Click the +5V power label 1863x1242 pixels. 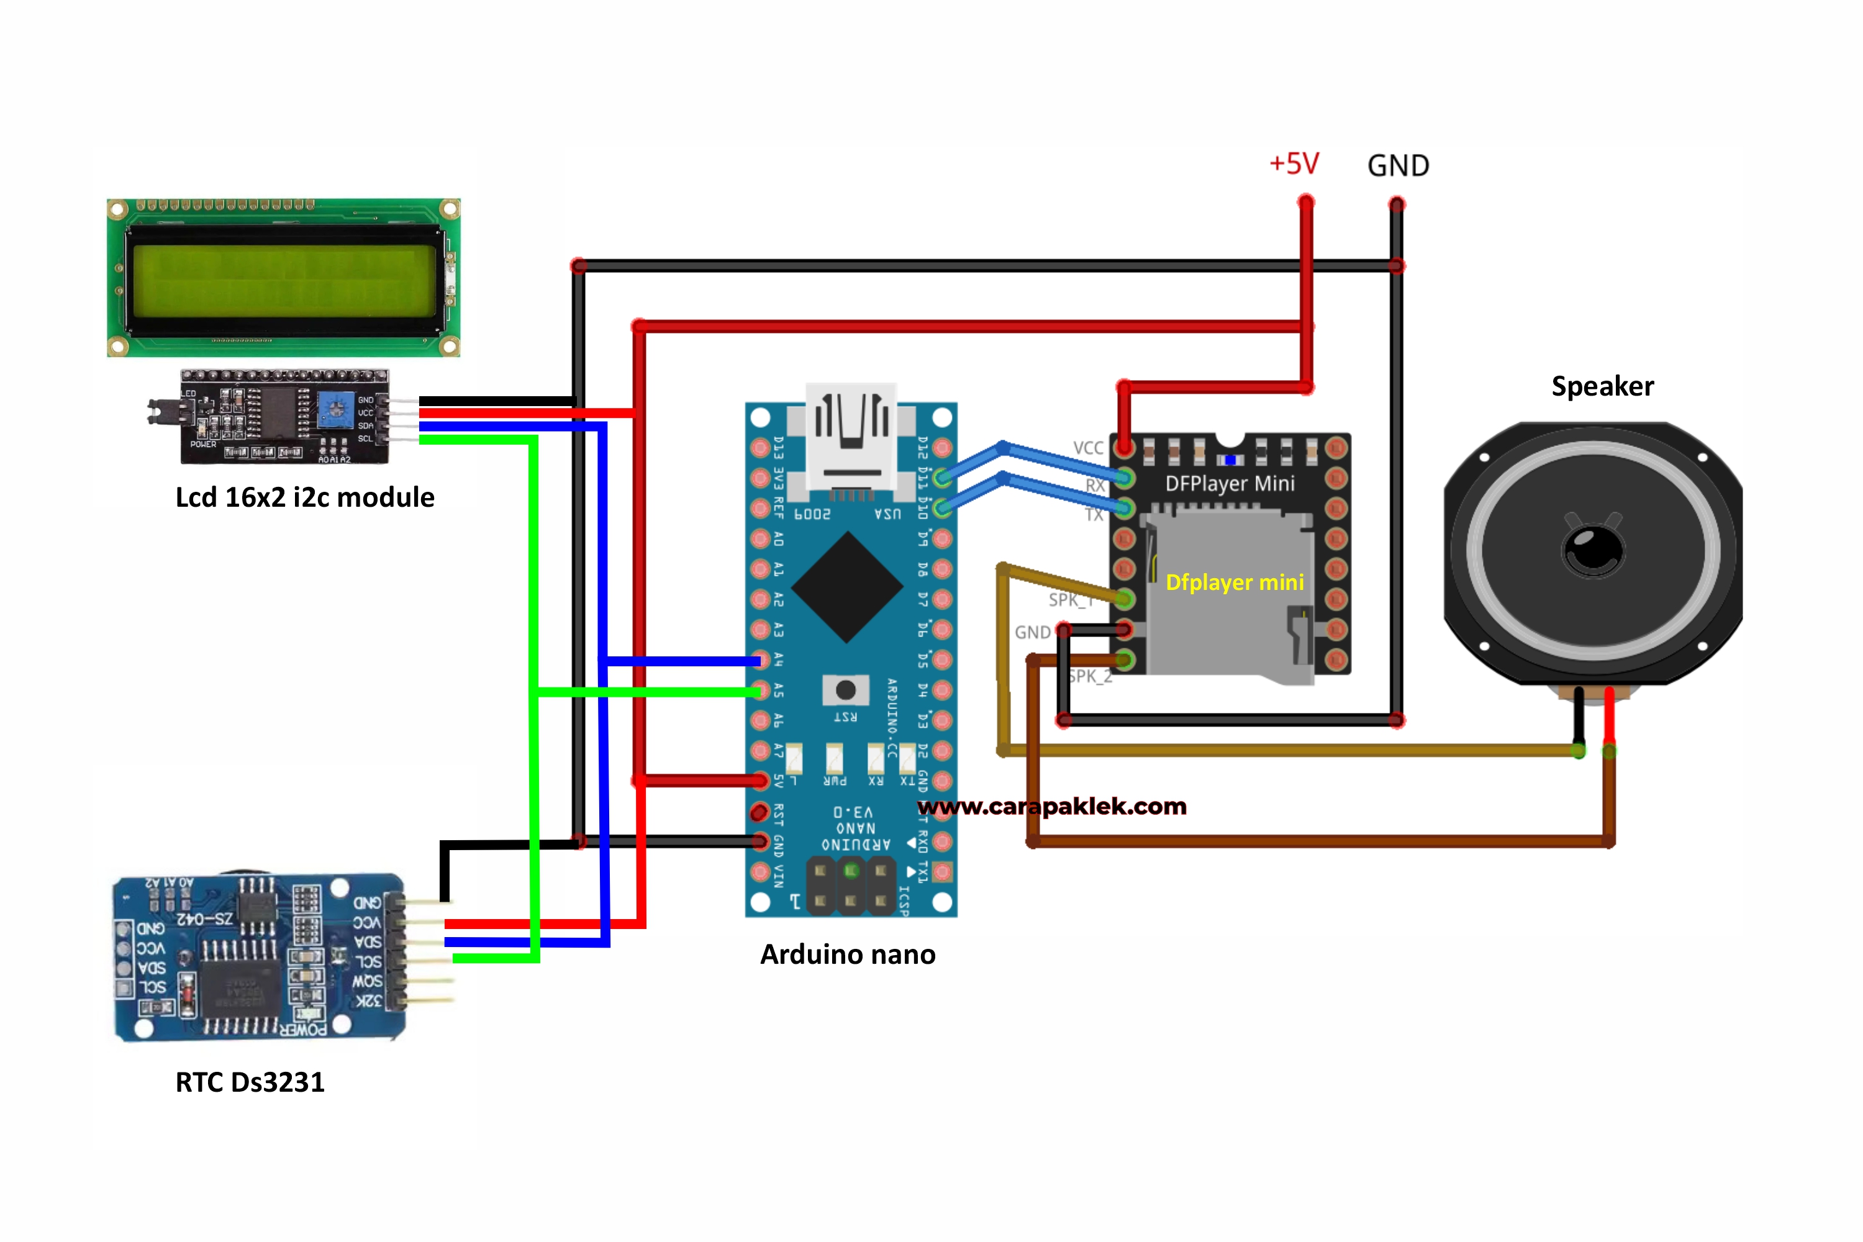pyautogui.click(x=1294, y=164)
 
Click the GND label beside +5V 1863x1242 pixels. pyautogui.click(x=1398, y=166)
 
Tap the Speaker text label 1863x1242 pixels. pyautogui.click(x=1602, y=386)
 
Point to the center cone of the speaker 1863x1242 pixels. pyautogui.click(x=1592, y=549)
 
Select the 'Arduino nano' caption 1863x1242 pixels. pyautogui.click(x=848, y=954)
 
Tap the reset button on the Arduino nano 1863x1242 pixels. pyautogui.click(x=845, y=690)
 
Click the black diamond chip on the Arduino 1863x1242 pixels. pyautogui.click(x=847, y=587)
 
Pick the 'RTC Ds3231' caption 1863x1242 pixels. pyautogui.click(x=250, y=1082)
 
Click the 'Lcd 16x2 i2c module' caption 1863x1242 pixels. pyautogui.click(x=305, y=497)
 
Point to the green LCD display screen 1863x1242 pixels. pyautogui.click(x=284, y=281)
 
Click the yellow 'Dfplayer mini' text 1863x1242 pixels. pyautogui.click(x=1234, y=582)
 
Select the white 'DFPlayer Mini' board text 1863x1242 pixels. pyautogui.click(x=1230, y=483)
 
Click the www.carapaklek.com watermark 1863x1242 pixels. pyautogui.click(x=1052, y=806)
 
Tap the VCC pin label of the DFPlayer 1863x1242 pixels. pyautogui.click(x=1087, y=448)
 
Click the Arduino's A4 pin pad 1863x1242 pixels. pyautogui.click(x=760, y=660)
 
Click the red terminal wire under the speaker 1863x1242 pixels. pyautogui.click(x=1609, y=717)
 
